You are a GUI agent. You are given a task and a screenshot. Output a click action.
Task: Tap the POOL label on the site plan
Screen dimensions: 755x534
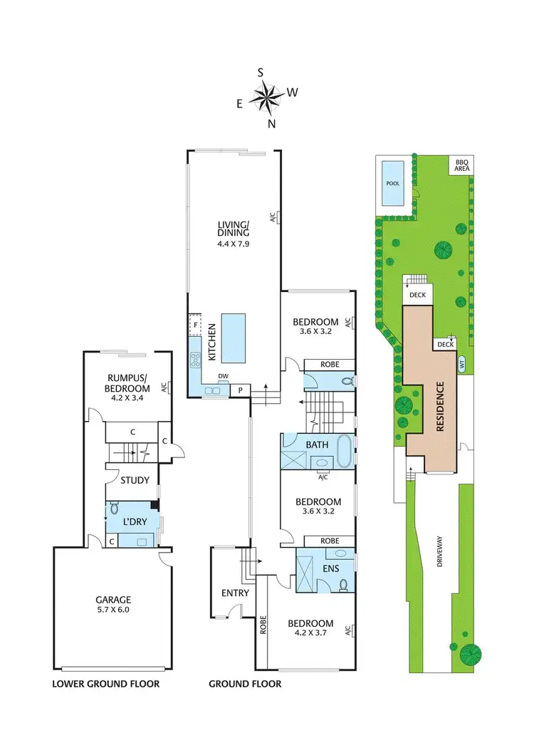click(x=393, y=183)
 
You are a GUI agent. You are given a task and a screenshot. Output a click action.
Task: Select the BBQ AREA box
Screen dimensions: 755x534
click(x=462, y=165)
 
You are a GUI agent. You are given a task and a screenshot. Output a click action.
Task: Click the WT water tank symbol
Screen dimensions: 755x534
click(x=461, y=362)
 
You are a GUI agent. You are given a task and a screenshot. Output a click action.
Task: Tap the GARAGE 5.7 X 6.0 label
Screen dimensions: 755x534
click(x=115, y=605)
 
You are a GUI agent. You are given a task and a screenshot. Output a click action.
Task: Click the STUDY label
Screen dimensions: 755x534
click(x=135, y=480)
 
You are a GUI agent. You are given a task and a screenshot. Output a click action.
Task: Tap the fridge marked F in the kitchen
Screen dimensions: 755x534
click(x=194, y=326)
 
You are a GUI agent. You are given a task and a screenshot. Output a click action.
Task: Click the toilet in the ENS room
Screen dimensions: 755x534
click(x=343, y=585)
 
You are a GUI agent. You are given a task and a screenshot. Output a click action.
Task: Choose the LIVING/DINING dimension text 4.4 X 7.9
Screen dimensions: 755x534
click(x=233, y=244)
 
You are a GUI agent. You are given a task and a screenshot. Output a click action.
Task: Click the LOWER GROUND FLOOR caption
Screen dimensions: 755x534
click(x=105, y=684)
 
